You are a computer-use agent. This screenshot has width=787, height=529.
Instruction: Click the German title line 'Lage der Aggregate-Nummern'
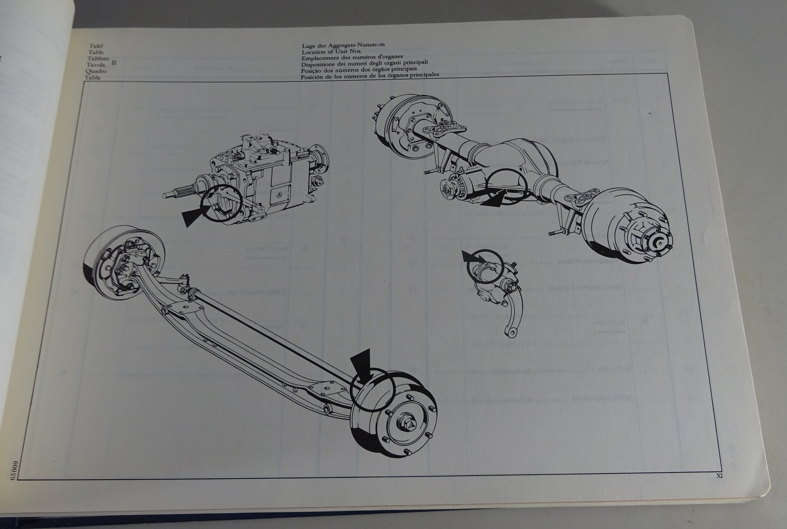(x=343, y=46)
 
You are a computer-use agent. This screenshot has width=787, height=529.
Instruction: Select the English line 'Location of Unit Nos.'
(x=332, y=52)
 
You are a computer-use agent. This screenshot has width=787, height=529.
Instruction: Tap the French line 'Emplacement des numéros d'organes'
(x=352, y=57)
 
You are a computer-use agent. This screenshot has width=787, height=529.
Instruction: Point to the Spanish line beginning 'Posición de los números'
(x=370, y=75)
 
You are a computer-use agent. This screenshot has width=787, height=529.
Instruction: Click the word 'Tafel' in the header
(x=98, y=46)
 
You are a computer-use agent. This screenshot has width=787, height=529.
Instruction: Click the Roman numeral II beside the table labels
(x=114, y=62)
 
